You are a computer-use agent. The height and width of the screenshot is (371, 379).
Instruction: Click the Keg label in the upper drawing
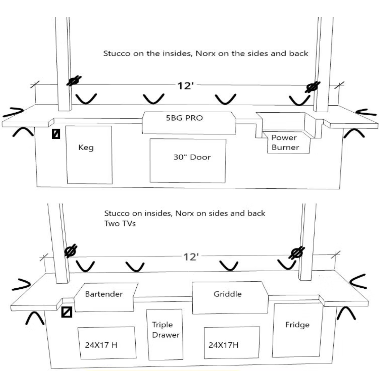[x=86, y=148]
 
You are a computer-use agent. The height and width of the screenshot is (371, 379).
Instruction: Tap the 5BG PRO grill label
[x=184, y=118]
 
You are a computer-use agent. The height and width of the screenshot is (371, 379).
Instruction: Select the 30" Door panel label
[x=192, y=157]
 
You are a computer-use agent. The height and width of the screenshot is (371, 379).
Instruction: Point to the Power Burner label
[x=285, y=142]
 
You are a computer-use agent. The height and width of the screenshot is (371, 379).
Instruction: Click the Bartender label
[x=104, y=294]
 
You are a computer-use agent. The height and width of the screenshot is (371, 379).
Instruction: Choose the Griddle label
[x=228, y=294]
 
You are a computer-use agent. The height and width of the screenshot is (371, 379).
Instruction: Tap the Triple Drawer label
[x=165, y=330]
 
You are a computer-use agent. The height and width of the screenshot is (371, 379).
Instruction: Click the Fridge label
[x=297, y=325]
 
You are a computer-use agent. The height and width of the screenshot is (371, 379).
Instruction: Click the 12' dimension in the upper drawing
[x=185, y=86]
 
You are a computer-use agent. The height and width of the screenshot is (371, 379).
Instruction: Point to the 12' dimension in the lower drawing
[x=191, y=257]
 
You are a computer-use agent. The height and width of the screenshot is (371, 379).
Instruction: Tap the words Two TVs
[x=120, y=223]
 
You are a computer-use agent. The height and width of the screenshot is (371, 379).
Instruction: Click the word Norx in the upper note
[x=205, y=53]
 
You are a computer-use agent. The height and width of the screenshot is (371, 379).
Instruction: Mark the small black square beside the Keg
[x=56, y=134]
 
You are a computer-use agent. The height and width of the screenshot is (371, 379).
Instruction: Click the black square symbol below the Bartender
[x=67, y=312]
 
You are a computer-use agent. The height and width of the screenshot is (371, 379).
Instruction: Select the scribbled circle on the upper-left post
[x=74, y=81]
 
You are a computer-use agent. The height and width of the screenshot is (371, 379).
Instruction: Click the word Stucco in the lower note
[x=117, y=213]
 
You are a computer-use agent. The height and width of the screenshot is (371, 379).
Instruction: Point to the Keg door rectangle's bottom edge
[x=89, y=183]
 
